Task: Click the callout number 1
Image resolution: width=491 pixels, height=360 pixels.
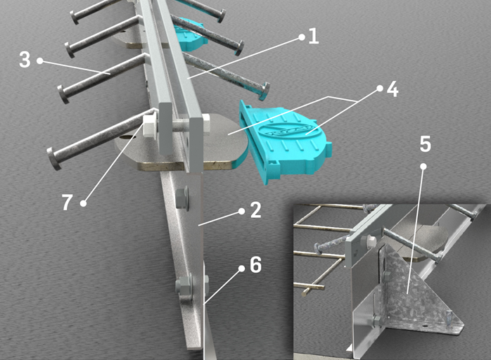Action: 314,37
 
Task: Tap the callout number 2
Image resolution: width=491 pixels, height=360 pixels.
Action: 256,210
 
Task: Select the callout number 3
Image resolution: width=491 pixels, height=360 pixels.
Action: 25,60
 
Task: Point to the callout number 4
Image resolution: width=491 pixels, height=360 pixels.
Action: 393,89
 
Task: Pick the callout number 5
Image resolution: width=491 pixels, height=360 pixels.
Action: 425,144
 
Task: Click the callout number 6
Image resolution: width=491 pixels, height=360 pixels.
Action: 255,265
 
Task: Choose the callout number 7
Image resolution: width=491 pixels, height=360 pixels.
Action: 67,202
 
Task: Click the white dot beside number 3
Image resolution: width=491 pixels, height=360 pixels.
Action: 40,60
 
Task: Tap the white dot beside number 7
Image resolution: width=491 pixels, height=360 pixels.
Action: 83,203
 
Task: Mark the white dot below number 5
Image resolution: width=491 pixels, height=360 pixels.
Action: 423,167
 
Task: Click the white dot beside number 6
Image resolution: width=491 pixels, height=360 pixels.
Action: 241,269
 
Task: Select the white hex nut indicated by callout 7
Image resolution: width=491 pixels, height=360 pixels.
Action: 149,126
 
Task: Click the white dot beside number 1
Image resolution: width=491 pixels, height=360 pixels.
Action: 302,37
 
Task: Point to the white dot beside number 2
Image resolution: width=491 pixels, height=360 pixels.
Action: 241,212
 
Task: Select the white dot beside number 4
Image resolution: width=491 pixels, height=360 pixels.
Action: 380,89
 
